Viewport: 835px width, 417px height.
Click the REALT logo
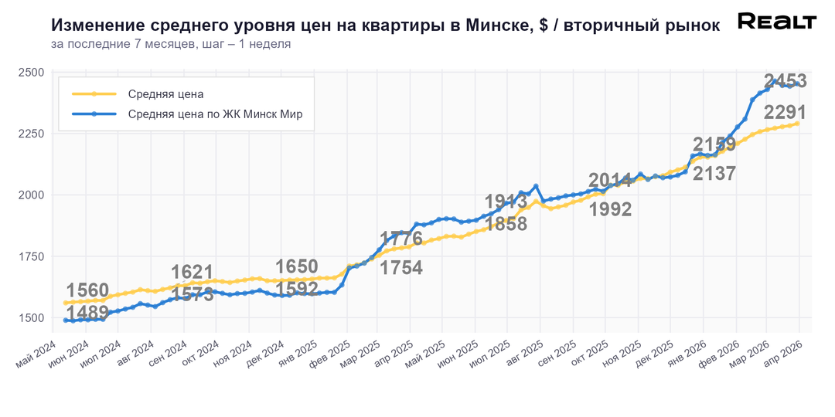(x=776, y=22)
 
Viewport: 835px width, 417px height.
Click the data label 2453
(x=785, y=81)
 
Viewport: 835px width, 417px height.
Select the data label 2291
(x=785, y=112)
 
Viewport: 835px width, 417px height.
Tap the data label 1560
(x=88, y=290)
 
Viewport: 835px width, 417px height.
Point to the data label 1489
(x=88, y=313)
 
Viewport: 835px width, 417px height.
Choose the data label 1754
(x=401, y=268)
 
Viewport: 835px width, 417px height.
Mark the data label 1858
(x=506, y=224)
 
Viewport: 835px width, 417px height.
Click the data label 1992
(x=610, y=209)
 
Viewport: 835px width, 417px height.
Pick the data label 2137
(x=714, y=174)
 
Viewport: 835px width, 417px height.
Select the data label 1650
(x=297, y=267)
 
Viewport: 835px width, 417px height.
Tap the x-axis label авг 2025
(x=525, y=344)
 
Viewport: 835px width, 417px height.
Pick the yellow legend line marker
(x=94, y=94)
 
